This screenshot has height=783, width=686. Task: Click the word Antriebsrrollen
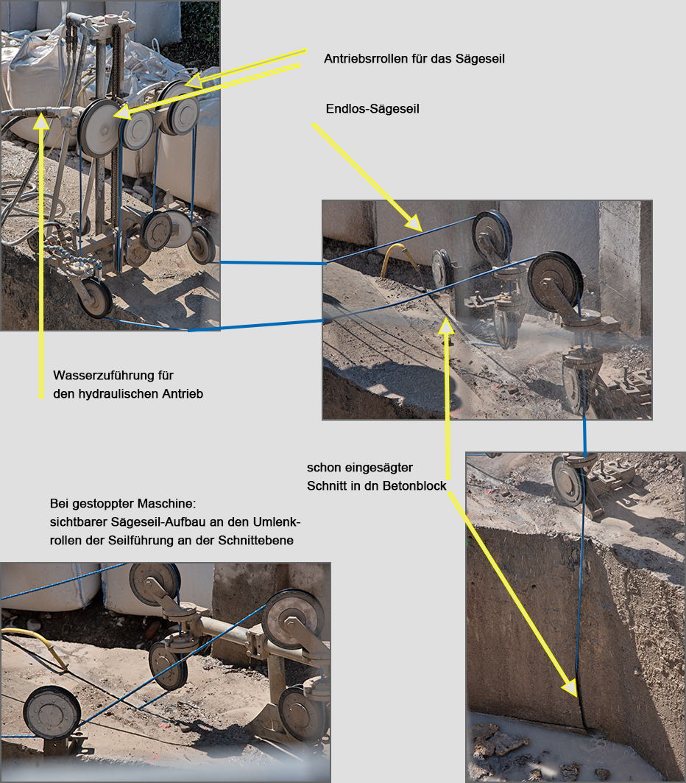click(366, 59)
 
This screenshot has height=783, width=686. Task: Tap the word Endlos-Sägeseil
click(372, 109)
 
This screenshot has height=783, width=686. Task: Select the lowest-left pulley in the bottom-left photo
click(52, 713)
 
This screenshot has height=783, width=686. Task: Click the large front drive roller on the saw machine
click(100, 127)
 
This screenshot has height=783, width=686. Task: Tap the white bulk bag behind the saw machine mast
click(35, 85)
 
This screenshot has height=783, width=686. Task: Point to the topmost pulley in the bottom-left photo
click(155, 585)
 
